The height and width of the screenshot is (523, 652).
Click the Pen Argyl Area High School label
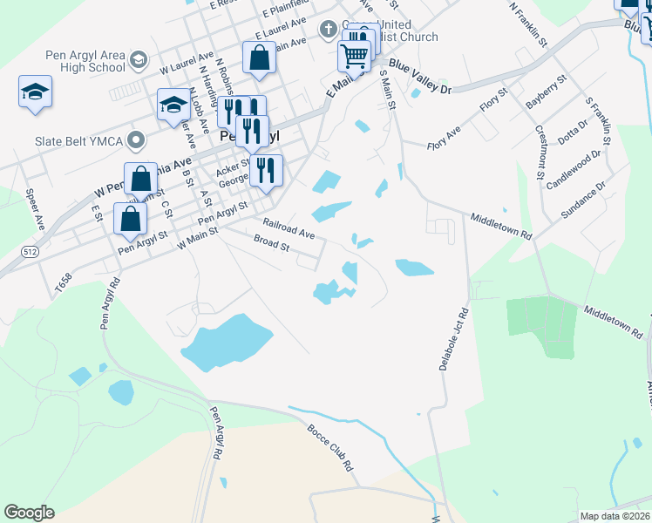pos(85,61)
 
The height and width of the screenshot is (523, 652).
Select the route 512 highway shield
pos(31,252)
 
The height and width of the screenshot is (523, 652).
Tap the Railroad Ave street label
pos(289,229)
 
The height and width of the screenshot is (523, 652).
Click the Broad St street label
pos(271,243)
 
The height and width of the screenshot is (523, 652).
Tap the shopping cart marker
pos(354,57)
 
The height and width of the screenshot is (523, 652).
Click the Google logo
pos(30,512)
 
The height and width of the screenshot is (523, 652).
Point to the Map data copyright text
pos(615,516)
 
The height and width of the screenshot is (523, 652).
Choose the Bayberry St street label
pos(547,92)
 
